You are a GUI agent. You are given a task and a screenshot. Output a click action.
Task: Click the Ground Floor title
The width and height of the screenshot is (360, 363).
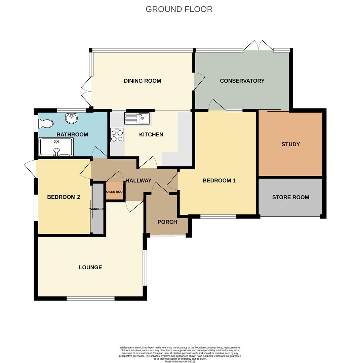point(179,9)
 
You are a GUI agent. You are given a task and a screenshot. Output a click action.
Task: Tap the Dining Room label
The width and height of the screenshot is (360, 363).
point(142,81)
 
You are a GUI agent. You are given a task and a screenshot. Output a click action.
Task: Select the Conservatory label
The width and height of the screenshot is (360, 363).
point(242,81)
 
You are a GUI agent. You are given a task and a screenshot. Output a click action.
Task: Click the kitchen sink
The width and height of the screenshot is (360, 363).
point(137,118)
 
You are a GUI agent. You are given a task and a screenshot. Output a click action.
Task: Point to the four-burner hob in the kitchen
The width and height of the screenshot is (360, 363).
point(117,135)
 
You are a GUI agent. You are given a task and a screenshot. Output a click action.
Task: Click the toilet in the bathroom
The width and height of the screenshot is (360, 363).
point(46,124)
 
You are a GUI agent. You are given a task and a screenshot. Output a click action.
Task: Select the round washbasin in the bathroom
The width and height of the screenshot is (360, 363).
point(71,118)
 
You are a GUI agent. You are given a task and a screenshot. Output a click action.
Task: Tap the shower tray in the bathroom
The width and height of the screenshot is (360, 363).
point(56,148)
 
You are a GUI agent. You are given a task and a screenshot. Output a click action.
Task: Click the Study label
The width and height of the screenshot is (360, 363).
point(290,144)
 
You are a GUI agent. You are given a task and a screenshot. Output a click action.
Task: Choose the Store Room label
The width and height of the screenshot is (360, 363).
point(290,197)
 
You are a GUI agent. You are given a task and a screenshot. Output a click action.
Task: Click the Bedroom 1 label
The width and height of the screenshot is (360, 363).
point(219,180)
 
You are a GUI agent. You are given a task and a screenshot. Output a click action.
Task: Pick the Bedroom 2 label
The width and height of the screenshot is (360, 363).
point(64,197)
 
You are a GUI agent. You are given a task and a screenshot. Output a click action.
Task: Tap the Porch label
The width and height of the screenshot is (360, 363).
point(167,222)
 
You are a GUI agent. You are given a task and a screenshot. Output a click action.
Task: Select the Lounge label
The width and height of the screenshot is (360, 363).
point(90,268)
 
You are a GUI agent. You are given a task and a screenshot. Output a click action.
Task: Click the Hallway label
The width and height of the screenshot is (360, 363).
point(138,180)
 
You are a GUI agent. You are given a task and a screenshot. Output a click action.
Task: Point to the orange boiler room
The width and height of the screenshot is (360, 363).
point(115,191)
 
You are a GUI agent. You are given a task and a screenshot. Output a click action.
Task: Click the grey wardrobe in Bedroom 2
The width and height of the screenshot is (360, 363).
point(98,209)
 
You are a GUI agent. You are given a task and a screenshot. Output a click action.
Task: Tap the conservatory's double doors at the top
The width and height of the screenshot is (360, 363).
point(258,46)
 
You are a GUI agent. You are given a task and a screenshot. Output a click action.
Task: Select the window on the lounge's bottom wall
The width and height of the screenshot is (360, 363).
point(90,298)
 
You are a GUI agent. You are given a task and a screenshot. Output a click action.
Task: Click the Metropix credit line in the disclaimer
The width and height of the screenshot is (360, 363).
point(180,362)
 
